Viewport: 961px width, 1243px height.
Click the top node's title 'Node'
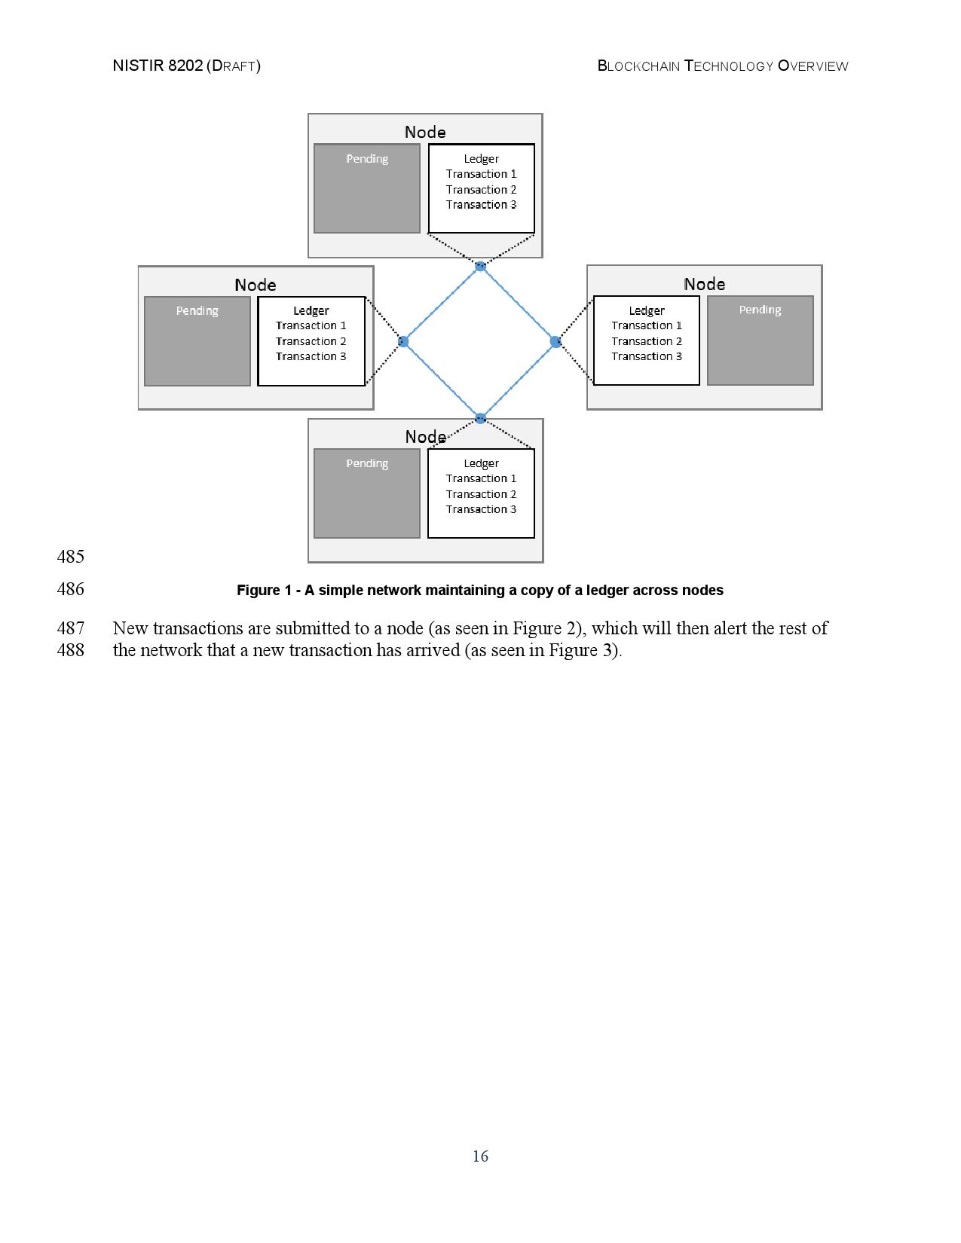pyautogui.click(x=425, y=133)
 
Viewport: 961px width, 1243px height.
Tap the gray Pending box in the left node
pyautogui.click(x=197, y=341)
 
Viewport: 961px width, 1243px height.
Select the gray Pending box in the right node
pyautogui.click(x=760, y=341)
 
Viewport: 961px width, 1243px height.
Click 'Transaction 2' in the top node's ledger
pyautogui.click(x=481, y=190)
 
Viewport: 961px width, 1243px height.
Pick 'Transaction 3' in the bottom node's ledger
pyautogui.click(x=481, y=509)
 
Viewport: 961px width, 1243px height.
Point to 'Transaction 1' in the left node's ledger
pyautogui.click(x=311, y=325)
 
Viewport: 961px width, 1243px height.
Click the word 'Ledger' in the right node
pyautogui.click(x=647, y=310)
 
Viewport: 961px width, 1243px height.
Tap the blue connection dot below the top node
pyautogui.click(x=480, y=266)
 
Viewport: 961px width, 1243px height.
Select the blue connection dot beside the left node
pyautogui.click(x=403, y=342)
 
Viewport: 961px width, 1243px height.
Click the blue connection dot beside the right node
pyautogui.click(x=556, y=342)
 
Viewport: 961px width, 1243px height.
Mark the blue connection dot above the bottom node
pyautogui.click(x=480, y=418)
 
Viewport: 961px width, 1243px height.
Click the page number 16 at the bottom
pyautogui.click(x=480, y=1156)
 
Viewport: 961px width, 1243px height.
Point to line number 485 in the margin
pyautogui.click(x=70, y=557)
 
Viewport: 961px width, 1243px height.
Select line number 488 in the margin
pyautogui.click(x=70, y=650)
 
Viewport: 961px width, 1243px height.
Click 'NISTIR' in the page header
pyautogui.click(x=138, y=66)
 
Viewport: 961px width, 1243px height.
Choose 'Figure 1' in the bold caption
pyautogui.click(x=264, y=591)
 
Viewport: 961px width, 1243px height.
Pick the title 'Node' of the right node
pyautogui.click(x=704, y=284)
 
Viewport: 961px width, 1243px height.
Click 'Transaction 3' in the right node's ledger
pyautogui.click(x=647, y=356)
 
